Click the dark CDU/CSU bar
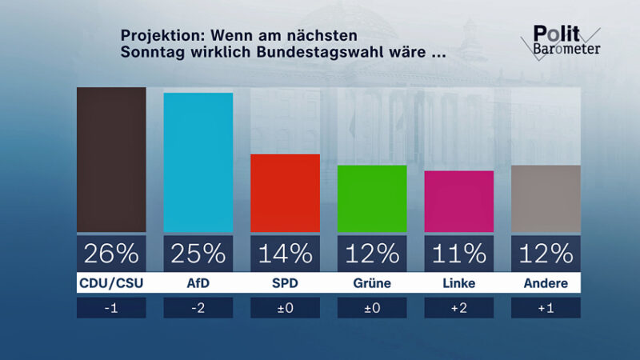click(111, 159)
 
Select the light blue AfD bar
click(198, 162)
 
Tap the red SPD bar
click(285, 193)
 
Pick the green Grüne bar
click(372, 198)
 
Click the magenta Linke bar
click(458, 201)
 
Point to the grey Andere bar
click(546, 198)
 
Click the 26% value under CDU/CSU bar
click(111, 254)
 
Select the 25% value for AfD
click(198, 254)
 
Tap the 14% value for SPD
click(285, 254)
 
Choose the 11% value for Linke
click(458, 254)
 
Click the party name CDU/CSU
click(111, 283)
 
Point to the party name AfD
click(198, 283)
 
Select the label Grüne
click(372, 283)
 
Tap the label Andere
click(546, 283)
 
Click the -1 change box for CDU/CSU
click(111, 308)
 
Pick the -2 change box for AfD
click(198, 308)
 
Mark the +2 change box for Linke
click(458, 308)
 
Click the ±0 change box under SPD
click(285, 308)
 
